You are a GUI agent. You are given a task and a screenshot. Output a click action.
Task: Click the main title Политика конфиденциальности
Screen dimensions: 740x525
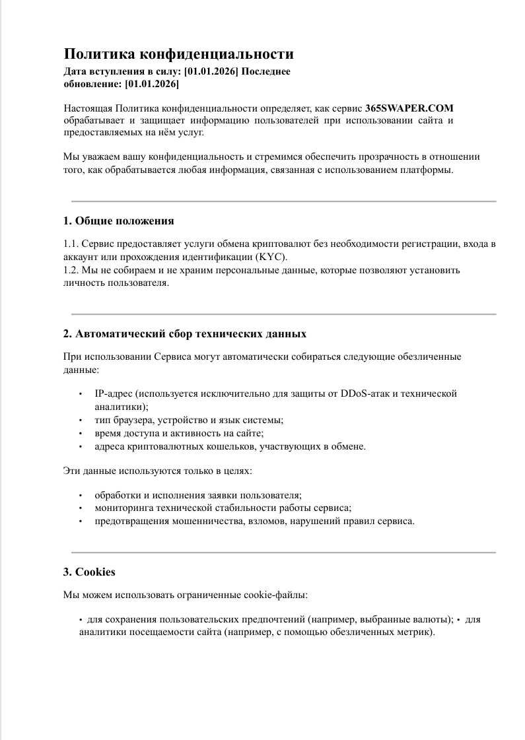pos(178,54)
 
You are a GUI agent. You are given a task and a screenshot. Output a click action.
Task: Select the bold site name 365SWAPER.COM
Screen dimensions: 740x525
pos(409,108)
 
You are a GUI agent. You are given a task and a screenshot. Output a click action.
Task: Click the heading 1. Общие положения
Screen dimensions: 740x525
pos(118,220)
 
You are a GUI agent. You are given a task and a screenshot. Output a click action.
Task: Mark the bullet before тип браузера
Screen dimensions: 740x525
pos(81,420)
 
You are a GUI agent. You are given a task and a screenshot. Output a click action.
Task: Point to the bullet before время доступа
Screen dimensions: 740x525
pos(81,434)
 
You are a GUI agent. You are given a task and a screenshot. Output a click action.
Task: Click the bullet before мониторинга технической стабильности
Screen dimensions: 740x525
pos(81,508)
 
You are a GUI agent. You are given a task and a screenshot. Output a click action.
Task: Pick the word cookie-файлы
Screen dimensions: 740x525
pos(281,595)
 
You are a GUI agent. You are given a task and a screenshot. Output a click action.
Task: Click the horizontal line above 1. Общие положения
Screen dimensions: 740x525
pos(283,201)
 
